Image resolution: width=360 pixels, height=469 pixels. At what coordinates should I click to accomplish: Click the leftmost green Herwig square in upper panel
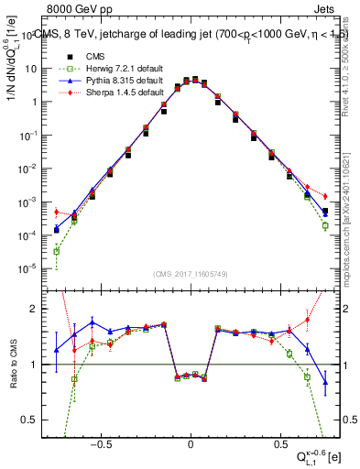coord(57,251)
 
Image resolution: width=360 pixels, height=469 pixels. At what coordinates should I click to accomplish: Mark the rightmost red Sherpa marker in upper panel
coord(325,196)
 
